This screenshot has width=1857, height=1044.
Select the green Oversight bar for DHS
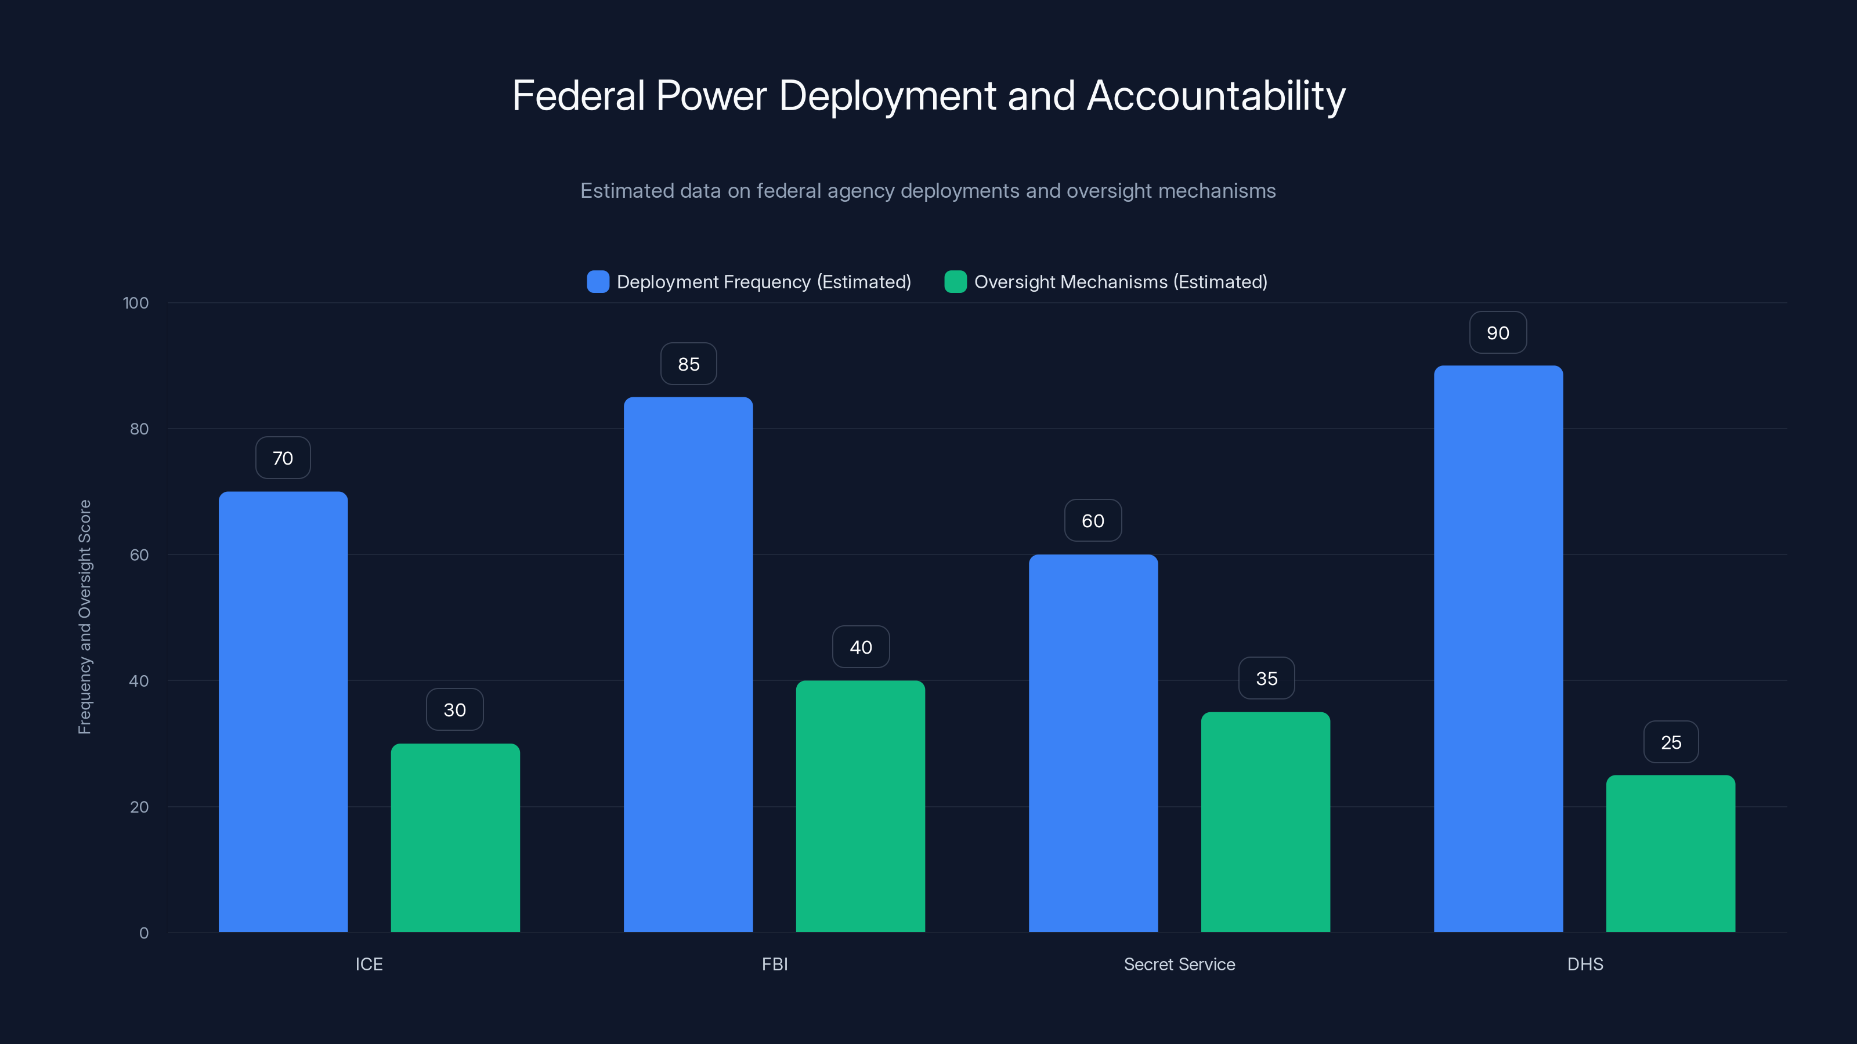(x=1670, y=854)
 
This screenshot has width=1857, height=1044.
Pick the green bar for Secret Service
(x=1265, y=822)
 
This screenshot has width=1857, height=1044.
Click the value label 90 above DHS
(x=1498, y=333)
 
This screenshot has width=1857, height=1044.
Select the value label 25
(x=1670, y=742)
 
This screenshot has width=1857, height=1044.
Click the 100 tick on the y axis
(x=136, y=303)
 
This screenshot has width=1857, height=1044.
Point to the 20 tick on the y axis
(x=139, y=807)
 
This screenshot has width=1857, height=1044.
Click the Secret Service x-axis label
(x=1179, y=964)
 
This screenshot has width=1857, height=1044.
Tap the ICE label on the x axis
(x=368, y=964)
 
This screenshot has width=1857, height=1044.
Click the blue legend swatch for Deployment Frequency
(x=598, y=282)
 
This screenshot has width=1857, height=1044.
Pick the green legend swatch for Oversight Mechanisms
(x=955, y=282)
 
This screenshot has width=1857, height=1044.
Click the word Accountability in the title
(x=1215, y=96)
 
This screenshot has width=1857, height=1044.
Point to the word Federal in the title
(x=578, y=96)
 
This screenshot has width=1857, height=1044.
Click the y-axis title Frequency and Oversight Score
(x=84, y=617)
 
